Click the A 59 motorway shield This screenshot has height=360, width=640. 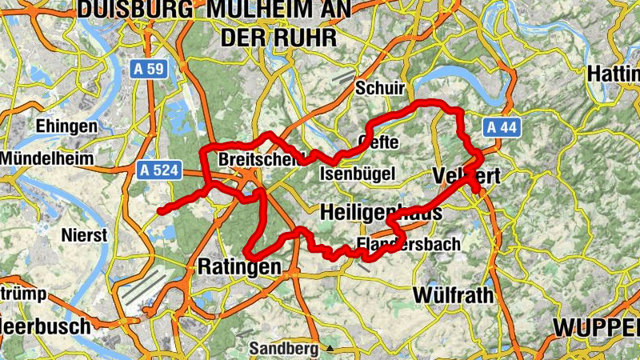pyautogui.click(x=148, y=70)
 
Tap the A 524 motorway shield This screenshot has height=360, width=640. pyautogui.click(x=159, y=170)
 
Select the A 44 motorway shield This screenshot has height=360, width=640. pyautogui.click(x=502, y=127)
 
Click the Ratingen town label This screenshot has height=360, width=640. pyautogui.click(x=239, y=266)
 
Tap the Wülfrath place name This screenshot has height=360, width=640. pyautogui.click(x=453, y=294)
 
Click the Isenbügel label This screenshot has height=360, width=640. pyautogui.click(x=358, y=173)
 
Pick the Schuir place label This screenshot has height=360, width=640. pyautogui.click(x=381, y=88)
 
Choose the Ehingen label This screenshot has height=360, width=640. pyautogui.click(x=66, y=126)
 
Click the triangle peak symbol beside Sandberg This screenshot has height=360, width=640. pyautogui.click(x=329, y=349)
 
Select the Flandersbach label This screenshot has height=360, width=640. pyautogui.click(x=408, y=245)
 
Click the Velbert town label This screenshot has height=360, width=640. pyautogui.click(x=464, y=176)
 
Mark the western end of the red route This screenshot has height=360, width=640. pyautogui.click(x=161, y=210)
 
